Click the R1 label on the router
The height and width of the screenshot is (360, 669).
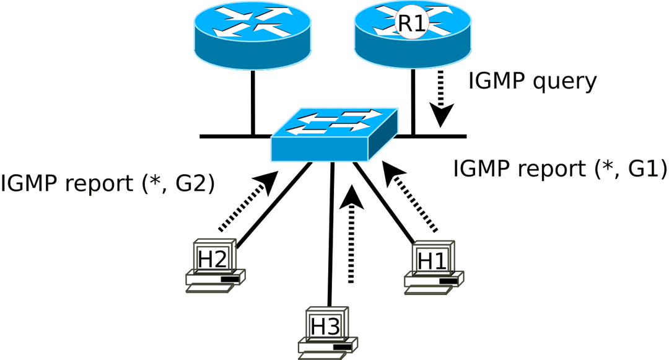[x=412, y=24]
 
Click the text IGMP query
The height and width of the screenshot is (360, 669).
[x=532, y=81]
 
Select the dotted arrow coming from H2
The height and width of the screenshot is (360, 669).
[x=248, y=201]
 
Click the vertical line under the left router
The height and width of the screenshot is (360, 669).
[x=253, y=102]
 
